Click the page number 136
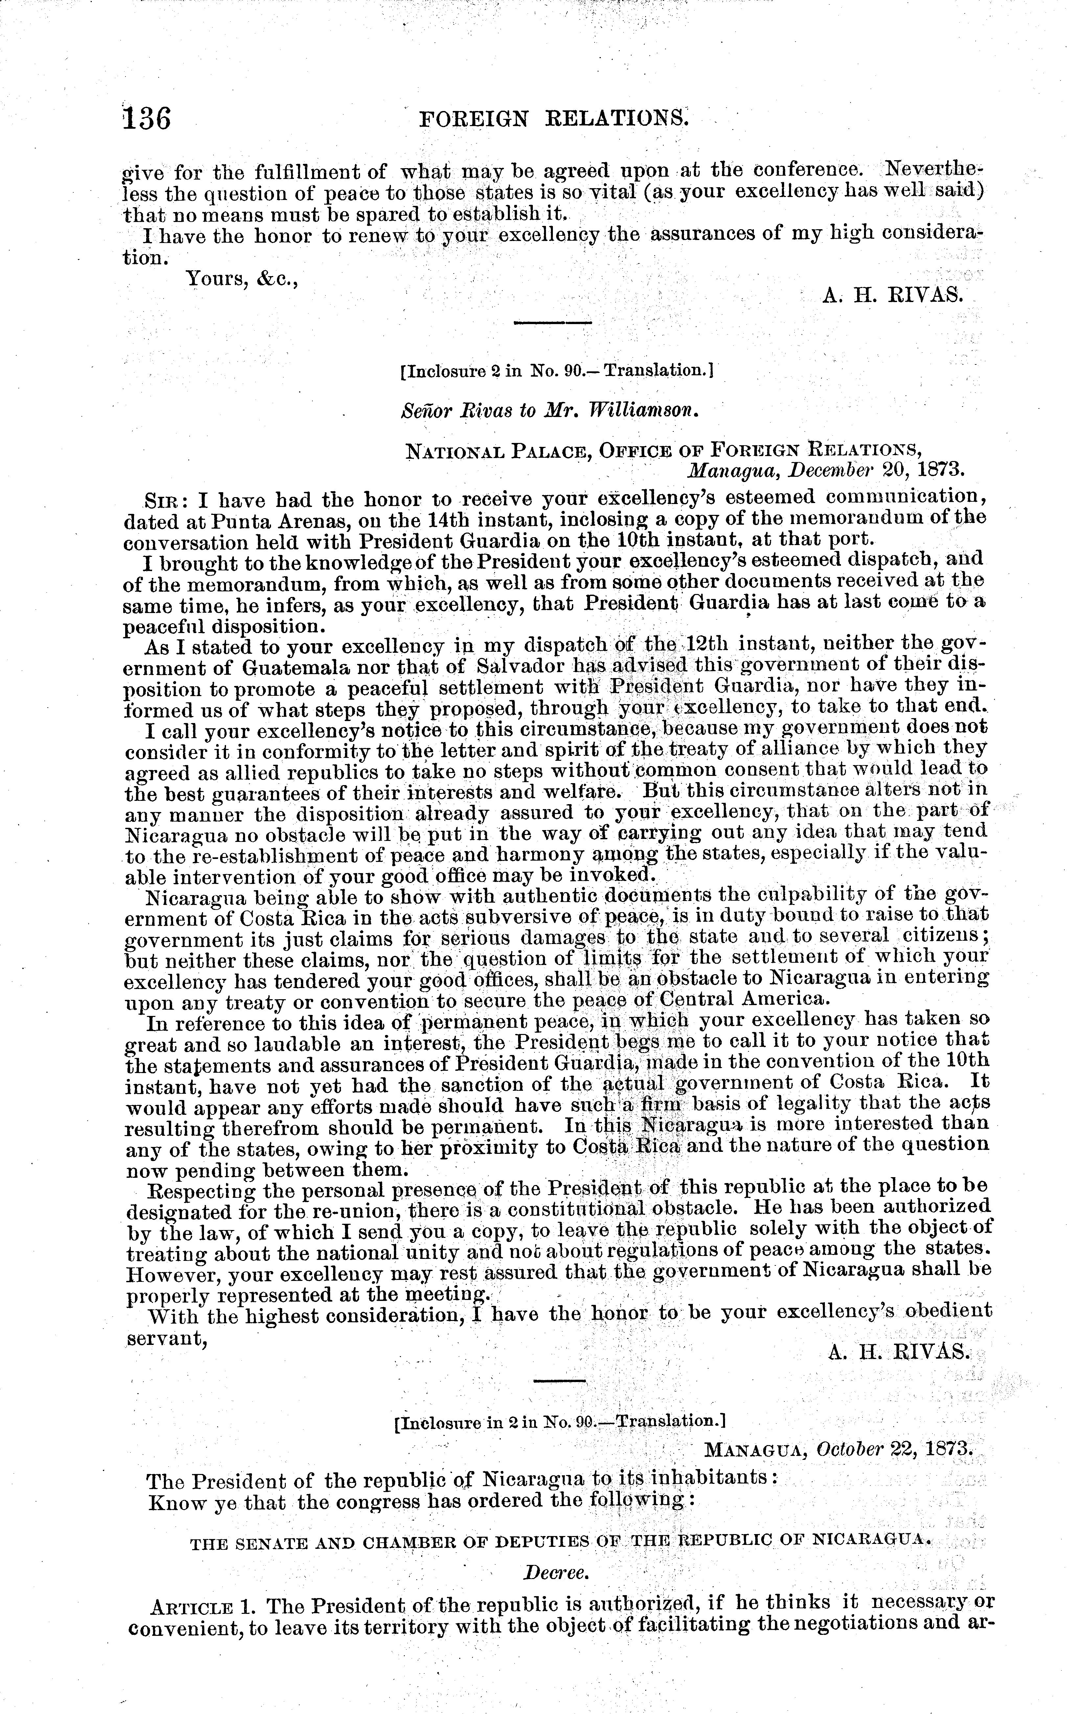[147, 118]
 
